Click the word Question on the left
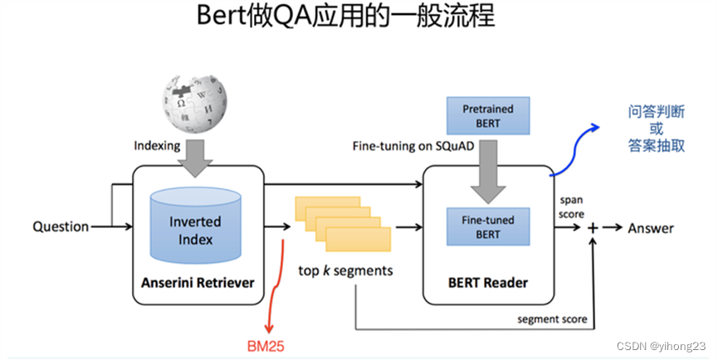(61, 226)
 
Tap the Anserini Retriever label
(198, 283)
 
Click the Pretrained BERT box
(487, 115)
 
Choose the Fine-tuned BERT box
(487, 226)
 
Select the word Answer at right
(651, 228)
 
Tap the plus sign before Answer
(593, 228)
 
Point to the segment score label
(552, 319)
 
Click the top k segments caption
(346, 270)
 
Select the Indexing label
(158, 146)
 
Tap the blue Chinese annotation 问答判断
(656, 112)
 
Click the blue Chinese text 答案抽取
(656, 145)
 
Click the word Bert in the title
(222, 18)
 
